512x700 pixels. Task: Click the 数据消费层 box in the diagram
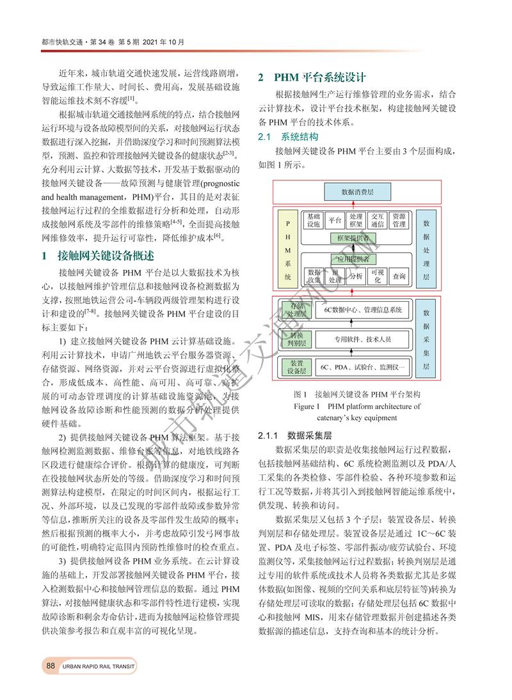point(356,192)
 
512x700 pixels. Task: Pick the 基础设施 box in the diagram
point(314,221)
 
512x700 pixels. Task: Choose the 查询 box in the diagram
point(399,276)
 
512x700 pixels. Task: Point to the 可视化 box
point(377,276)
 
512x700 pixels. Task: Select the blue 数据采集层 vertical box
point(427,337)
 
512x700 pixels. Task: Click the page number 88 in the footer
point(50,665)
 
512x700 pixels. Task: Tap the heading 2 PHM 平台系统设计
point(312,77)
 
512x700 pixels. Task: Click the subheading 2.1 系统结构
point(287,137)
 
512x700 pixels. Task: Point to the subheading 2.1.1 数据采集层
point(295,435)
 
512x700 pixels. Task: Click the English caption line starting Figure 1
point(356,407)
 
